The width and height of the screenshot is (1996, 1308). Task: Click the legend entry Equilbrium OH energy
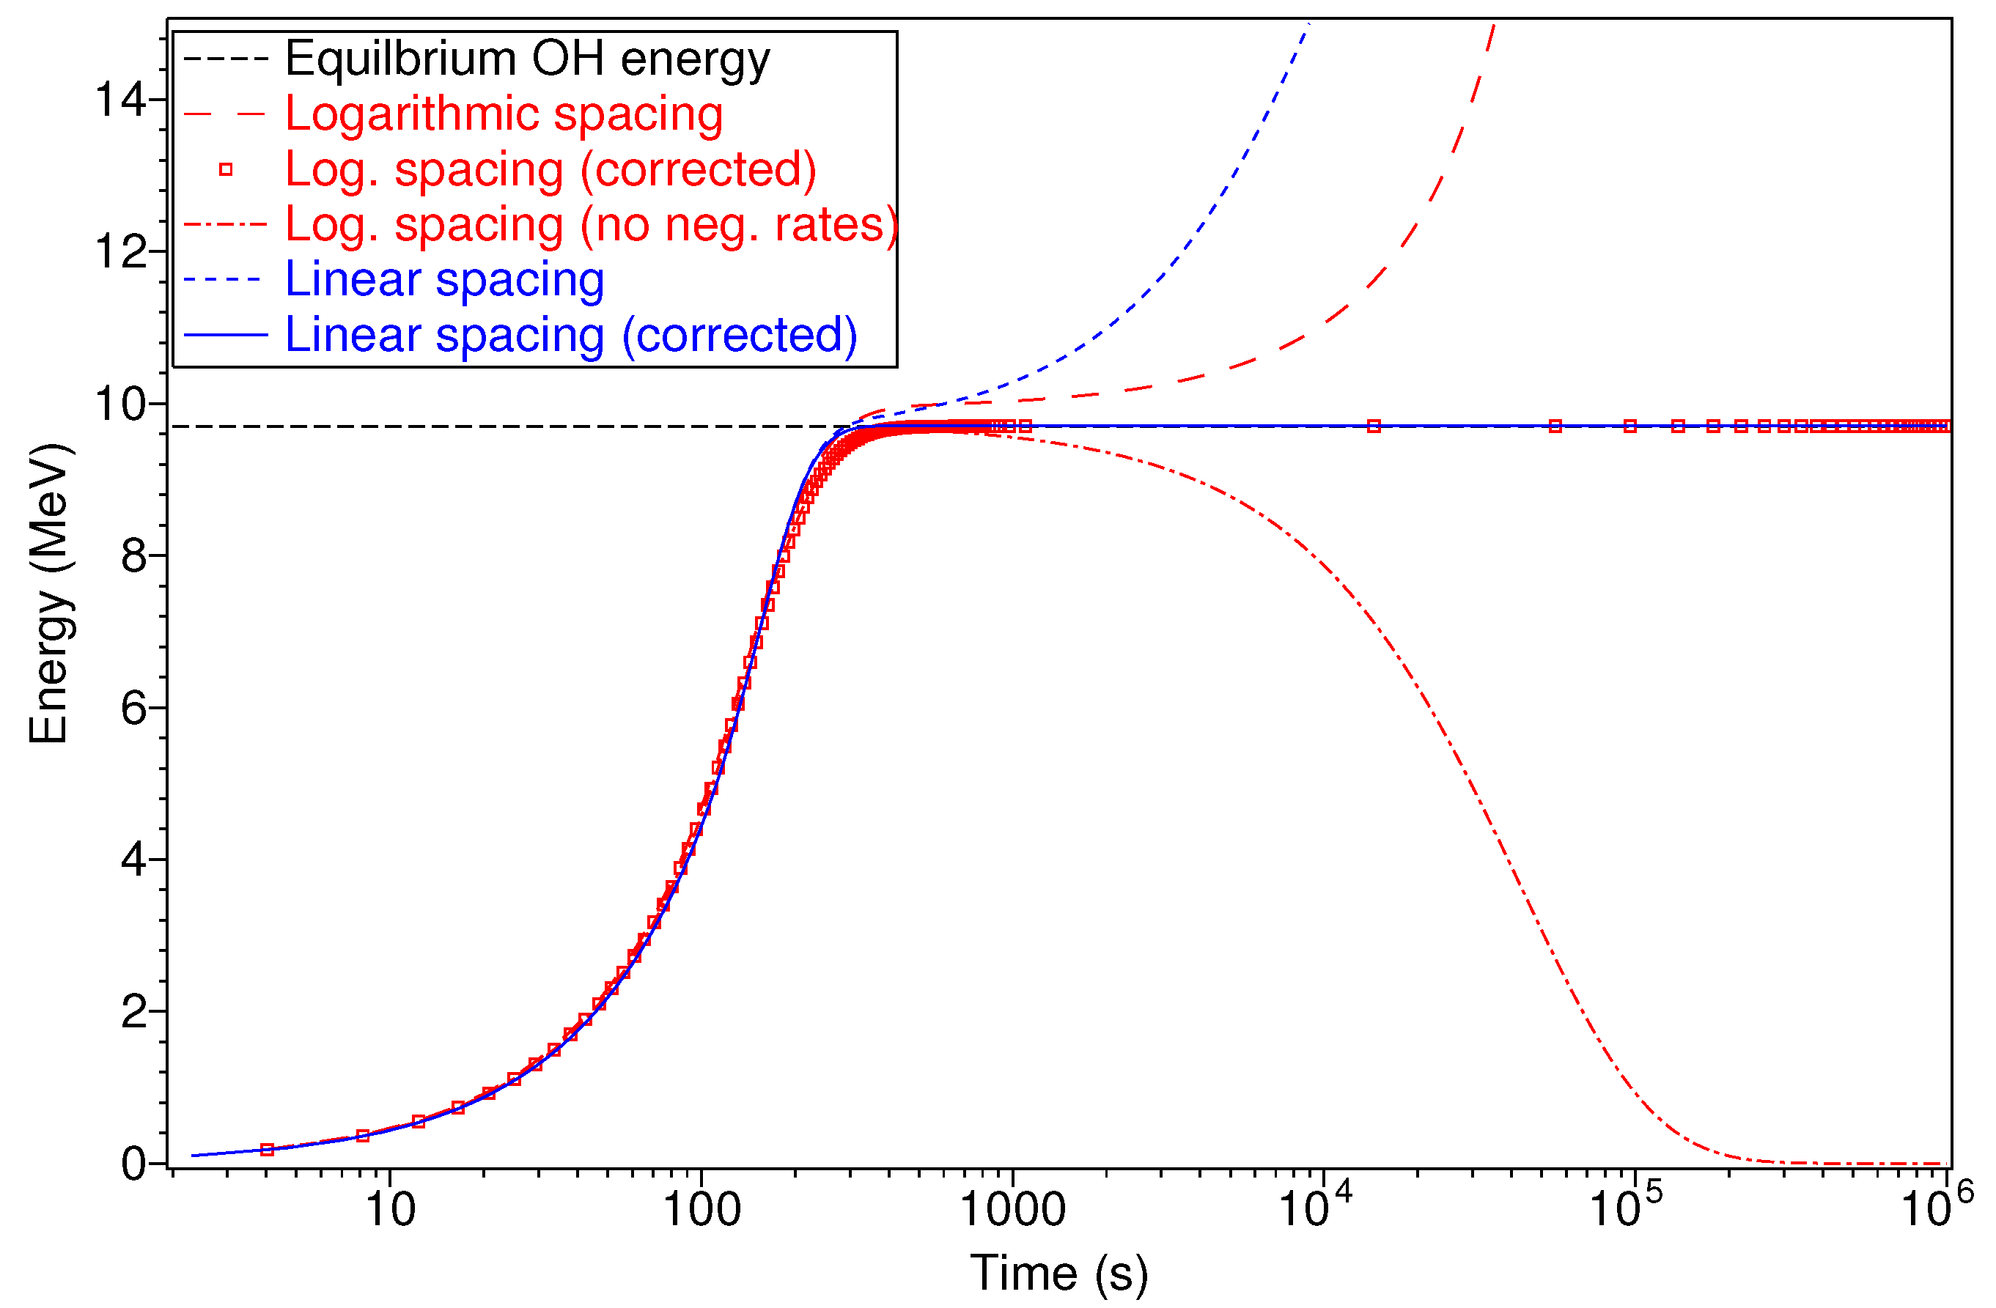[x=527, y=59]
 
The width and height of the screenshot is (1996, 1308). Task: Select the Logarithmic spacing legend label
[x=503, y=114]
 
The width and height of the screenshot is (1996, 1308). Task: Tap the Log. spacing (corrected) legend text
[x=550, y=169]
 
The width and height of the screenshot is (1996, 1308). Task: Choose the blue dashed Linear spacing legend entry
[x=443, y=279]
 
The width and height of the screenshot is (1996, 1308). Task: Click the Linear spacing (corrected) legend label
[x=570, y=335]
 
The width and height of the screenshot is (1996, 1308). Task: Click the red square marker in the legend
[x=226, y=169]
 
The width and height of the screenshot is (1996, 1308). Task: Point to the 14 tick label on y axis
[x=121, y=100]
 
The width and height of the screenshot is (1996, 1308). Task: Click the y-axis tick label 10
[x=121, y=404]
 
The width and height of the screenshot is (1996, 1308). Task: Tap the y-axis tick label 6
[x=134, y=709]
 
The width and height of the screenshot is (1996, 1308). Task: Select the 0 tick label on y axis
[x=134, y=1164]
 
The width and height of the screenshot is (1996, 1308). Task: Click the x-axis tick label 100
[x=702, y=1211]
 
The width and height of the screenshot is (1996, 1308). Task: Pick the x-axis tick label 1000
[x=1012, y=1211]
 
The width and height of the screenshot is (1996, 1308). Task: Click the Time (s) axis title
[x=1058, y=1274]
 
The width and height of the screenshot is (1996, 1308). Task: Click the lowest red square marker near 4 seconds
[x=267, y=1150]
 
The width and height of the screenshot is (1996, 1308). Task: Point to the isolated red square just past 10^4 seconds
[x=1374, y=426]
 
